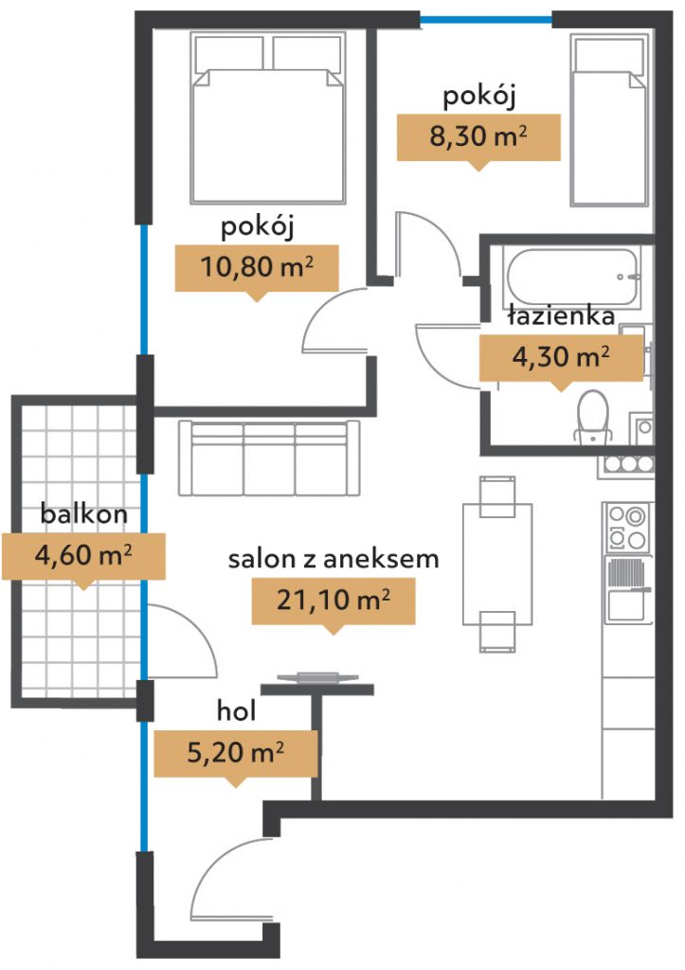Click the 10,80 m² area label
(x=257, y=267)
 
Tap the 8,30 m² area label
(x=478, y=136)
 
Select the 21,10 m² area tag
(x=333, y=601)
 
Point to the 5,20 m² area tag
(x=235, y=753)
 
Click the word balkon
(x=84, y=513)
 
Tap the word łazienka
(x=561, y=316)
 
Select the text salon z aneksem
(x=333, y=559)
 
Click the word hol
(x=236, y=710)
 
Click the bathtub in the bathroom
(x=571, y=277)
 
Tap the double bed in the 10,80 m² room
(x=268, y=118)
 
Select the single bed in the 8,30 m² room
(x=609, y=120)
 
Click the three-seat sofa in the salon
(x=268, y=458)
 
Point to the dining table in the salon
(x=497, y=564)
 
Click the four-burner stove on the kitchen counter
(x=627, y=527)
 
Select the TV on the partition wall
(x=317, y=678)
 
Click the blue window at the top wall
(x=486, y=20)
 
